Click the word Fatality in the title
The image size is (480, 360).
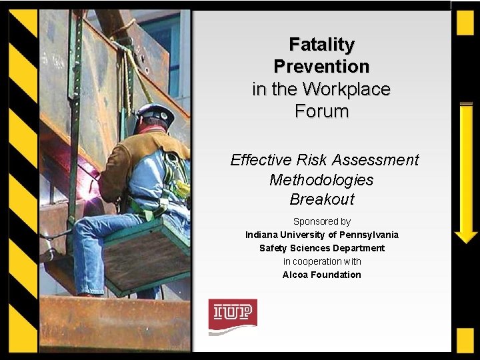pyautogui.click(x=321, y=45)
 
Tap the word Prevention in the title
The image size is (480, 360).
pyautogui.click(x=321, y=67)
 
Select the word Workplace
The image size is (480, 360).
pyautogui.click(x=346, y=89)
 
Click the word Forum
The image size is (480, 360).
pyautogui.click(x=321, y=111)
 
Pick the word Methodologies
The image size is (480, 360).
pyautogui.click(x=321, y=180)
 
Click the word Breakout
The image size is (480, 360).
pyautogui.click(x=321, y=199)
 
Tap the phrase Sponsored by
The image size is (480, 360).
pyautogui.click(x=321, y=221)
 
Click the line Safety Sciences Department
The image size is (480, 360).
pyautogui.click(x=321, y=248)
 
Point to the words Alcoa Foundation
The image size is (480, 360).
pyautogui.click(x=321, y=275)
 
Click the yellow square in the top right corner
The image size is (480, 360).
pyautogui.click(x=465, y=23)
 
